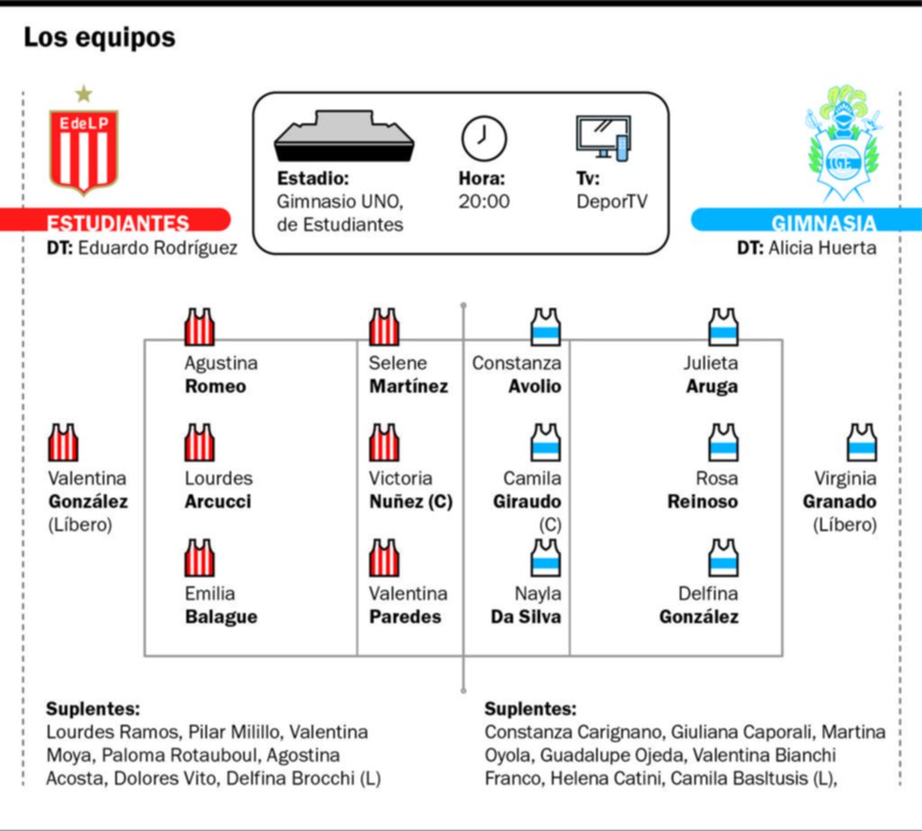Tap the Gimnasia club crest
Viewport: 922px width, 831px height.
(843, 143)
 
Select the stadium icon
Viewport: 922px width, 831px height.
(345, 136)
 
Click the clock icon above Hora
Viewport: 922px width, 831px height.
(484, 139)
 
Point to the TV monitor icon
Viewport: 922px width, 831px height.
(603, 138)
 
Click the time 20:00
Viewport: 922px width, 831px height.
(484, 202)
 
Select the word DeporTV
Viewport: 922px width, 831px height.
(611, 202)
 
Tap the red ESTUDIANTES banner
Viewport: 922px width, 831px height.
(115, 220)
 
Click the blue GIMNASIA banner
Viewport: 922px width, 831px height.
(806, 220)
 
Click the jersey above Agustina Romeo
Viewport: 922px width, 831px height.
(199, 327)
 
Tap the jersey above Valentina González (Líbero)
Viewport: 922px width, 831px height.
(63, 442)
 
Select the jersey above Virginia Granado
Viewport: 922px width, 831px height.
(862, 442)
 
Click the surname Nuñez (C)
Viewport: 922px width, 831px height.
(411, 501)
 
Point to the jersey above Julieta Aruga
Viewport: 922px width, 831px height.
(723, 327)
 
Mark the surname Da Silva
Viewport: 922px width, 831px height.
(526, 617)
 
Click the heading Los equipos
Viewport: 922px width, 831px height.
(99, 38)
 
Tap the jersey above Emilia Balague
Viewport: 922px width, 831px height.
(199, 557)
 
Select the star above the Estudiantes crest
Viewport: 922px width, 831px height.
(84, 94)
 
